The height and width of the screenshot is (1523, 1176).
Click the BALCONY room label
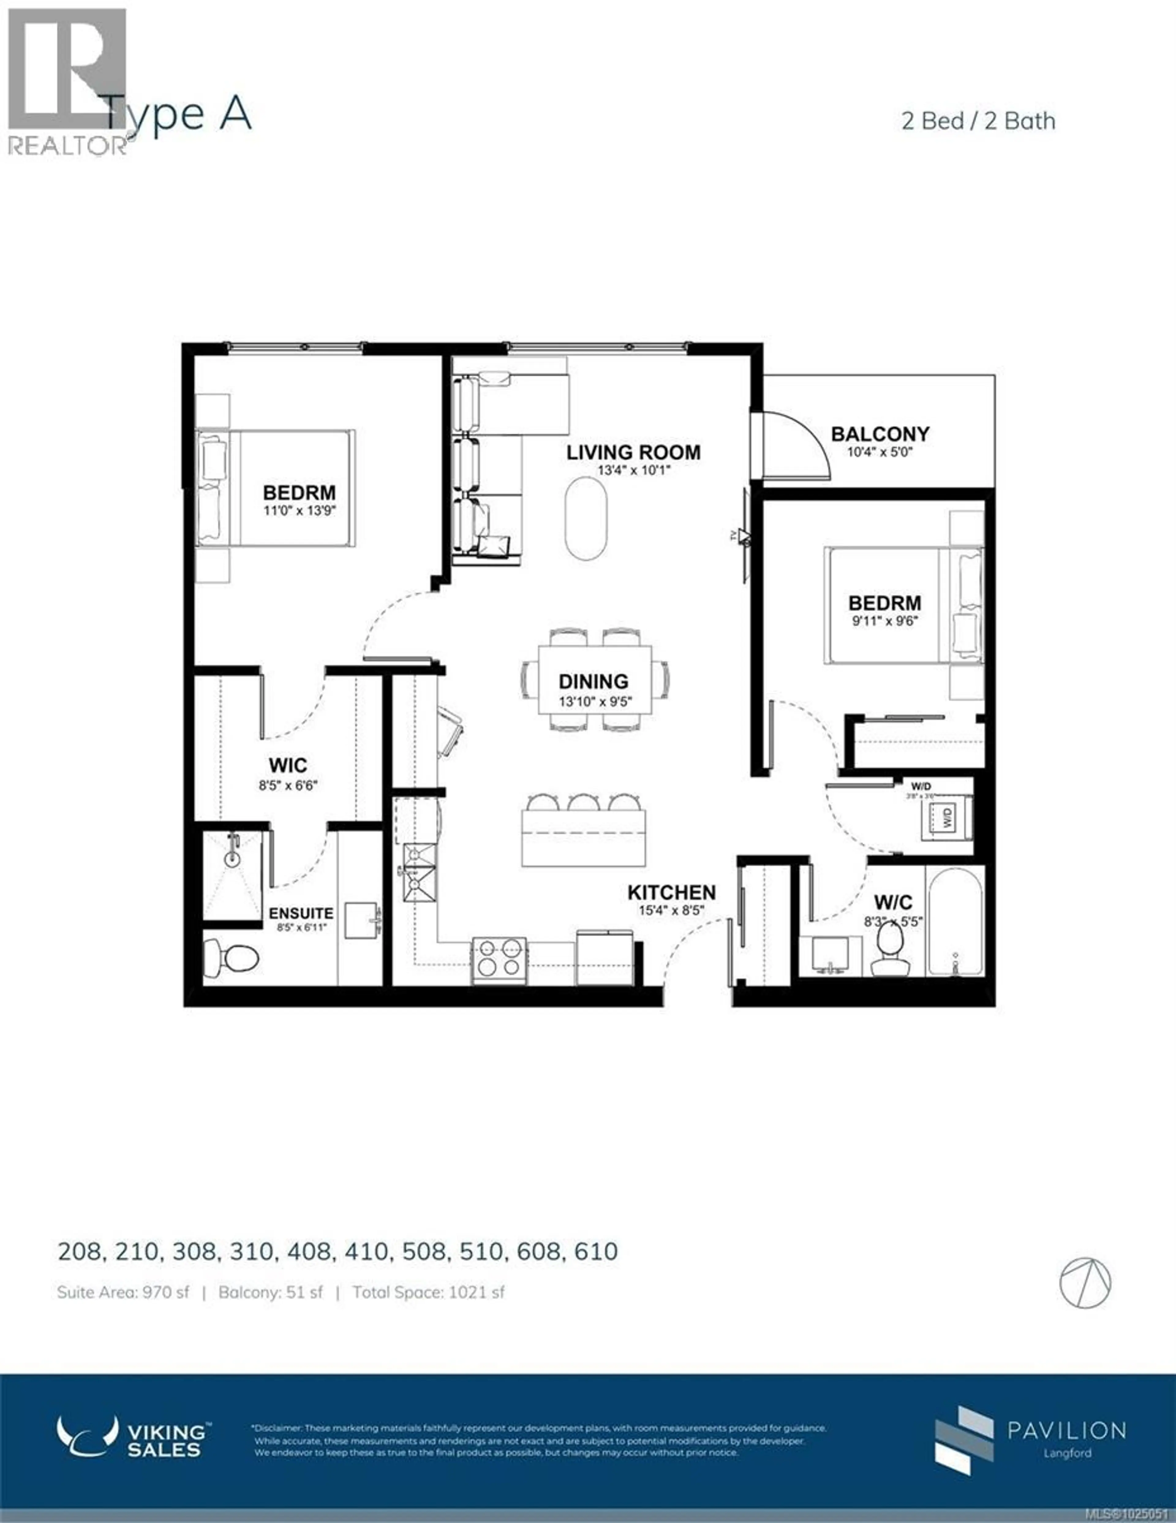(x=880, y=434)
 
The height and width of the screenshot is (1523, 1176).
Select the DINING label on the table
(x=593, y=681)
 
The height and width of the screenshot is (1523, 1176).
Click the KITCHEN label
(x=671, y=892)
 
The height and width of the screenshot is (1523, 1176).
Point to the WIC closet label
(x=288, y=766)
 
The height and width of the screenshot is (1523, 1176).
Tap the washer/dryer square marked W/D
(x=947, y=817)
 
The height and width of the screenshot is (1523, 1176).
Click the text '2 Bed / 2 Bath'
(x=978, y=121)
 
